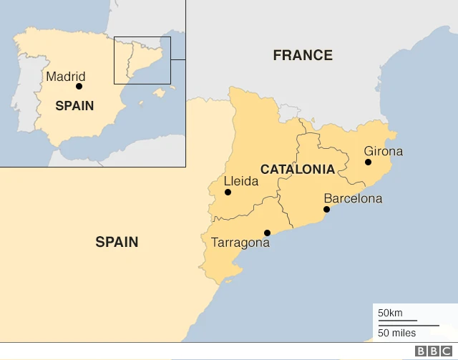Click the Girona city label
(383, 151)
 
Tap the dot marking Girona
(368, 162)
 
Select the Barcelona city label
(353, 198)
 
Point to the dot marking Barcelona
(326, 210)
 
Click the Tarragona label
(240, 243)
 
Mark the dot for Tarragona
(267, 233)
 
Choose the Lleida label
(241, 181)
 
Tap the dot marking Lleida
(228, 192)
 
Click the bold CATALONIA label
(297, 170)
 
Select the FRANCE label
(303, 55)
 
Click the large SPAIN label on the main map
(117, 242)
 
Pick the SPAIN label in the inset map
(74, 105)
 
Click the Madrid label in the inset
(65, 77)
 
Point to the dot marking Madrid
(79, 86)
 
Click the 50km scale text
(390, 313)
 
